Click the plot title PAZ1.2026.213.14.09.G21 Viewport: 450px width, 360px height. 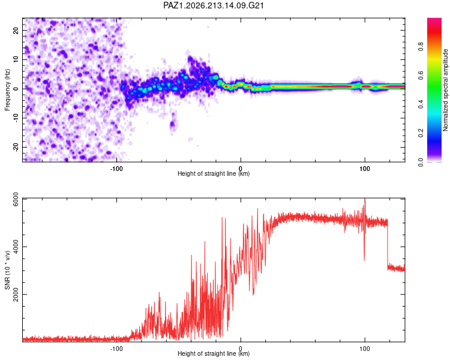[x=214, y=5]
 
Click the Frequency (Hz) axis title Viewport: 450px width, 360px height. [x=7, y=90]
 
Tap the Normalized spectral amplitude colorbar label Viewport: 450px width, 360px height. [x=445, y=90]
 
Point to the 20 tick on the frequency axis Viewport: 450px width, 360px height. [x=16, y=30]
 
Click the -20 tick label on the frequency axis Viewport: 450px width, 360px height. [x=16, y=147]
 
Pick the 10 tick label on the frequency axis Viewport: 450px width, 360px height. [x=16, y=59]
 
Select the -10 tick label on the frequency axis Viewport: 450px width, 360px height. [x=16, y=118]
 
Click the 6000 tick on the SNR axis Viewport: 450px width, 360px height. [x=16, y=199]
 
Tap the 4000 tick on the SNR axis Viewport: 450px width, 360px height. [x=16, y=247]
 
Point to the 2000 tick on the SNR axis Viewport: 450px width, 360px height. [x=16, y=294]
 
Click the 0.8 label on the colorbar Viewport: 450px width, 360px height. [x=421, y=46]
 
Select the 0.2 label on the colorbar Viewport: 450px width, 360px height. [x=421, y=133]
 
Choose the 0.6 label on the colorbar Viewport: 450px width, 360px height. [x=421, y=75]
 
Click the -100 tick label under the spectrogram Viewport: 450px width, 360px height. [x=116, y=169]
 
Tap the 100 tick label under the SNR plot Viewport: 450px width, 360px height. [x=364, y=349]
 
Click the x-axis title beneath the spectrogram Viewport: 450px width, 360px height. [x=214, y=173]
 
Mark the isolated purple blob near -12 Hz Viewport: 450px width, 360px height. [x=172, y=124]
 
